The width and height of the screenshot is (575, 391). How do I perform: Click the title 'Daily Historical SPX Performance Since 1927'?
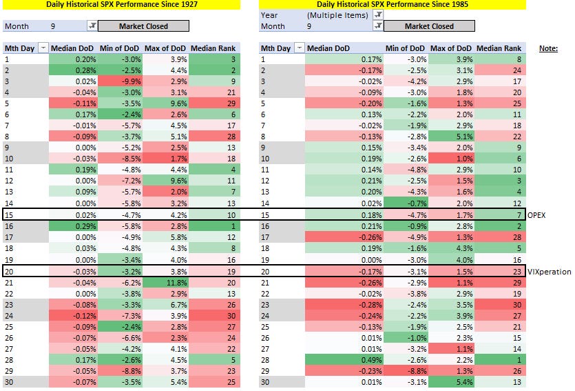(122, 5)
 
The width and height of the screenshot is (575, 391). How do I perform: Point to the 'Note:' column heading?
(548, 48)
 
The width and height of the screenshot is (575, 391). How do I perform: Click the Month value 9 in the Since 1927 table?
(53, 26)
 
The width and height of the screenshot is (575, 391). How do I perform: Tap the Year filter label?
(269, 14)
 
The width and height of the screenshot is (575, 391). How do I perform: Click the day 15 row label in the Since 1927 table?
(9, 216)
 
